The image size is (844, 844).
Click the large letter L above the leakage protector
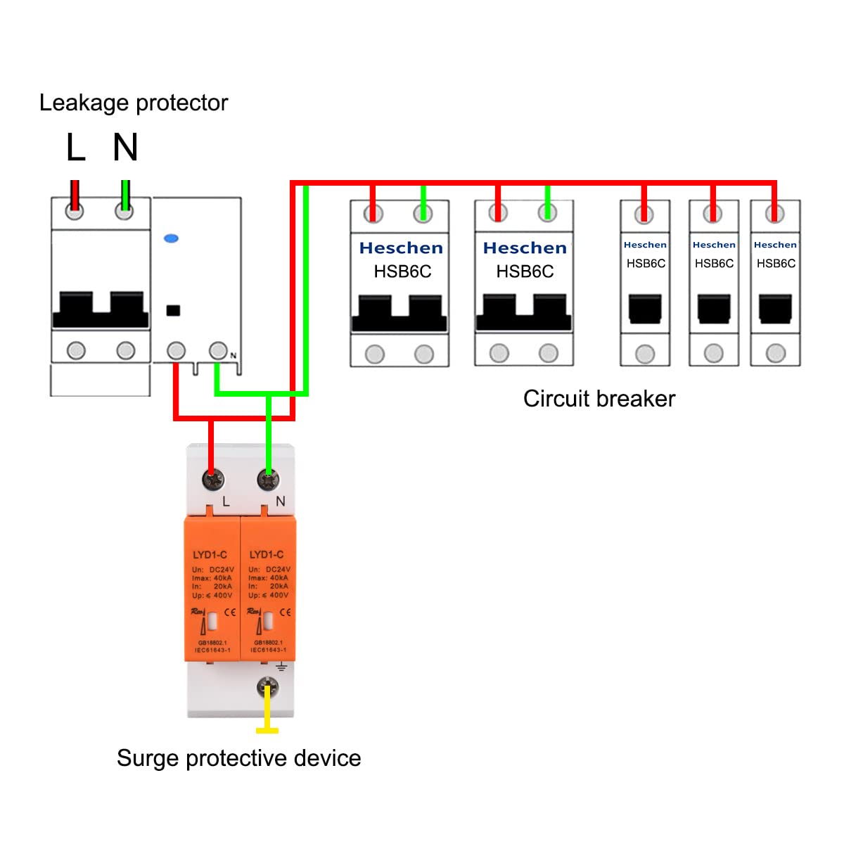75,148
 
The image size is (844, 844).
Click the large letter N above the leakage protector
125,148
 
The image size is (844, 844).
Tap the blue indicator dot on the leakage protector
171,239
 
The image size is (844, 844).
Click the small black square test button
172,310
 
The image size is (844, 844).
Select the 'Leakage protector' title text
134,103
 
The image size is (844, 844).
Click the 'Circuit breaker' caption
599,399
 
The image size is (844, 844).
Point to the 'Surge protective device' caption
238,758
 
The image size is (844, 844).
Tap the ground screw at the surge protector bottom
267,688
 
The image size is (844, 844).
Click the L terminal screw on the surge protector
212,480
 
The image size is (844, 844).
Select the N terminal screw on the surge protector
267,480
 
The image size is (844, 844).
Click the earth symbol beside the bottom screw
281,666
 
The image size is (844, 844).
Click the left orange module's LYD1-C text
210,555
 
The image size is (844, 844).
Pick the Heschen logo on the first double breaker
401,248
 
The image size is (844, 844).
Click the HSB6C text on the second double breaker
525,271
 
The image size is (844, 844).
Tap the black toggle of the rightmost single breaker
775,309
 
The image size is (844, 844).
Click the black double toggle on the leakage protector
101,309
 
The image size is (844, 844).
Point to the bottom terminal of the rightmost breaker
775,353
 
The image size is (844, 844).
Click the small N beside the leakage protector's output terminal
234,356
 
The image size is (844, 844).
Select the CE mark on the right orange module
285,613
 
